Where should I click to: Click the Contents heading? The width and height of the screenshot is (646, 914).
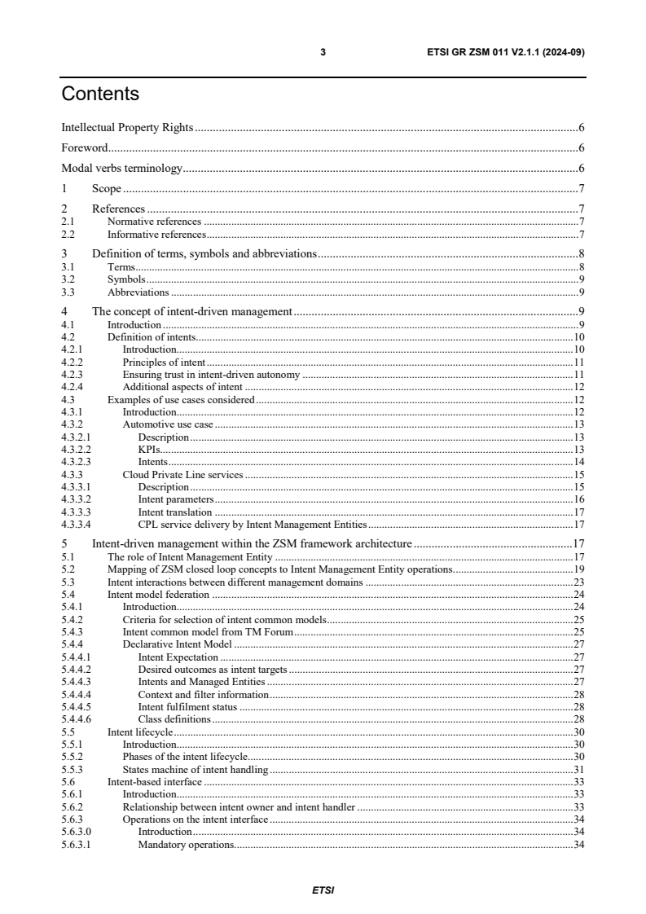click(x=100, y=94)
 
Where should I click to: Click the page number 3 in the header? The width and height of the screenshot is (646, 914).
click(x=323, y=52)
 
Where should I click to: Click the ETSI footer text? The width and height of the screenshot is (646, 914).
click(x=323, y=890)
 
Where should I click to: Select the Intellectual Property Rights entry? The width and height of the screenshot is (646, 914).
click(x=128, y=128)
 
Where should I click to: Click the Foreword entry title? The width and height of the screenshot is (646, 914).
click(x=86, y=148)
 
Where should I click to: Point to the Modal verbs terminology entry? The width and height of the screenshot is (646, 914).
click(x=121, y=169)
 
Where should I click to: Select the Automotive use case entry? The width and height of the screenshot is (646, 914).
click(x=167, y=424)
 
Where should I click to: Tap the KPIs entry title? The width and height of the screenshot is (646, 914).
click(x=149, y=450)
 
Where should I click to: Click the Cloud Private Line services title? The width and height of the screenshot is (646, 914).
click(x=182, y=474)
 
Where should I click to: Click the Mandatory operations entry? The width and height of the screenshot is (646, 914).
click(x=186, y=844)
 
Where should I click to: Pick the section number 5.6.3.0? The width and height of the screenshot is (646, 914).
click(x=78, y=832)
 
